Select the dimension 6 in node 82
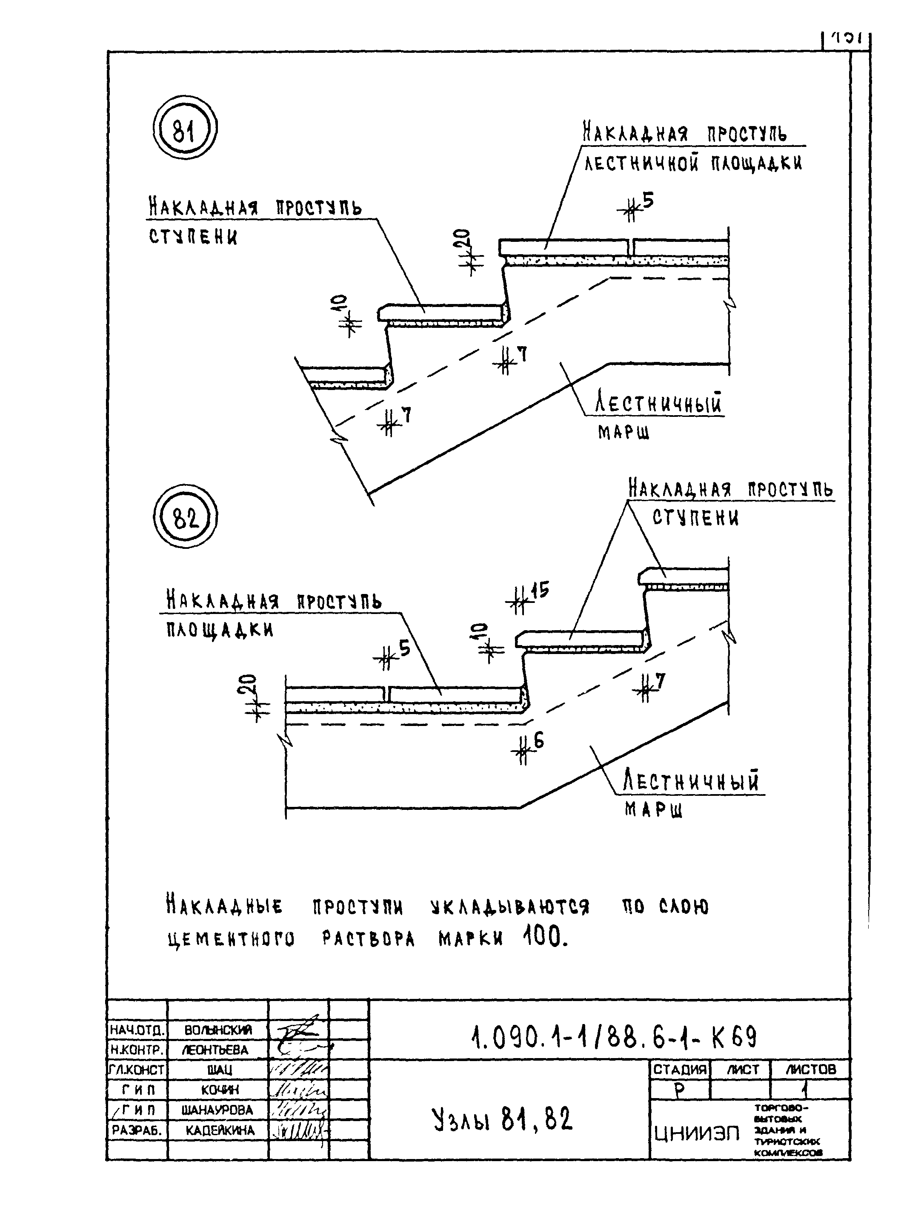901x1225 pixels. pyautogui.click(x=539, y=741)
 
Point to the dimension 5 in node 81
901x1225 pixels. pyautogui.click(x=647, y=201)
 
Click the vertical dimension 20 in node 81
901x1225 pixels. pyautogui.click(x=463, y=240)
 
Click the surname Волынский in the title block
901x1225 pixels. pyautogui.click(x=218, y=1030)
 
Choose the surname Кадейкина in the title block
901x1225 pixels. pyautogui.click(x=220, y=1130)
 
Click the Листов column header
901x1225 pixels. pyautogui.click(x=810, y=1070)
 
